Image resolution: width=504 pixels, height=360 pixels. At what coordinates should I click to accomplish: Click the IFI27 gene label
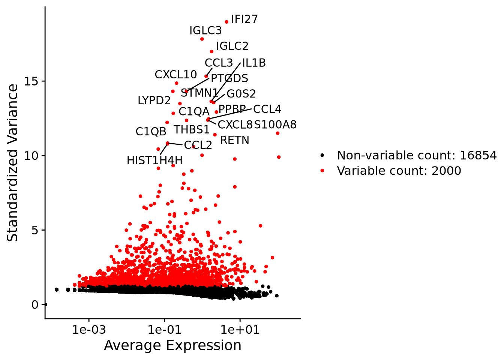(244, 19)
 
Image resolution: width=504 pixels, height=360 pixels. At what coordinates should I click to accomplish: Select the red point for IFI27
(226, 22)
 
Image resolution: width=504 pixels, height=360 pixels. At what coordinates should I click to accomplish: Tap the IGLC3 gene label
(205, 30)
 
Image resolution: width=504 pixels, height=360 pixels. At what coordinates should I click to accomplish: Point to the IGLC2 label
(232, 46)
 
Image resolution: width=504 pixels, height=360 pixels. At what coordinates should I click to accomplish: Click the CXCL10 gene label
(176, 75)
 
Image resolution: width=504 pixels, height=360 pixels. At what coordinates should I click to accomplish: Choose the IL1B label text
(254, 63)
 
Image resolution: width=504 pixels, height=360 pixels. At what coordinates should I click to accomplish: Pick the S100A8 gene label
(275, 124)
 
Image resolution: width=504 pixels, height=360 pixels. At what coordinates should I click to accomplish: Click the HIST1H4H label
(154, 160)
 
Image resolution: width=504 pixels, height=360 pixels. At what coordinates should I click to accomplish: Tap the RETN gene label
(234, 140)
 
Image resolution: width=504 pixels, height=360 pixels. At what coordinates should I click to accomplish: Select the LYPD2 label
(154, 100)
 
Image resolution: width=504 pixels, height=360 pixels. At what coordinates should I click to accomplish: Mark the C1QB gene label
(151, 132)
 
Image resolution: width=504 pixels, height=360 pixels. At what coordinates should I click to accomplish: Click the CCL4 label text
(267, 109)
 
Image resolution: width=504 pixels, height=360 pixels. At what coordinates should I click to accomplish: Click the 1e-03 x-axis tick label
(89, 330)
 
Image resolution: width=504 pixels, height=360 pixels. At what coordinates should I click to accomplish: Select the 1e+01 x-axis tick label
(240, 330)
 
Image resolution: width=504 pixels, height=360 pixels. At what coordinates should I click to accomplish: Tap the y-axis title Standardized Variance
(13, 163)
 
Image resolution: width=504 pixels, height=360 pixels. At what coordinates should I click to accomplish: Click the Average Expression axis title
(172, 345)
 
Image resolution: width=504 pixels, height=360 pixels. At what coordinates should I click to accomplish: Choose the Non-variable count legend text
(417, 155)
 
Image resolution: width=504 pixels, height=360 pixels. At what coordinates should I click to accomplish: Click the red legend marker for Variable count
(322, 171)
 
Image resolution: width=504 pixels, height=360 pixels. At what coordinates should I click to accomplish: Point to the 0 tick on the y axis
(35, 304)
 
